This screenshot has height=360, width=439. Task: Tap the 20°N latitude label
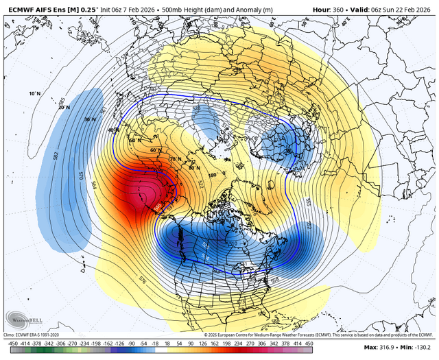click(64, 107)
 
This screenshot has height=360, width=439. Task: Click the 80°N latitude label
click(194, 167)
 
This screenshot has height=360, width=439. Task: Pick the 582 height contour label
click(56, 156)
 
